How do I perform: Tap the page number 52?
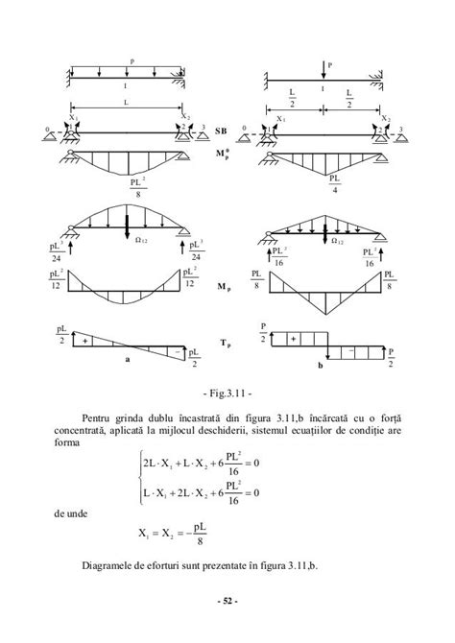click(227, 602)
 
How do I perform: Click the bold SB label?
click(221, 130)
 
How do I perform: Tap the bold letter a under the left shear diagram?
click(126, 361)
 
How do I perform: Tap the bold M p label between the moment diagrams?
click(224, 286)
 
